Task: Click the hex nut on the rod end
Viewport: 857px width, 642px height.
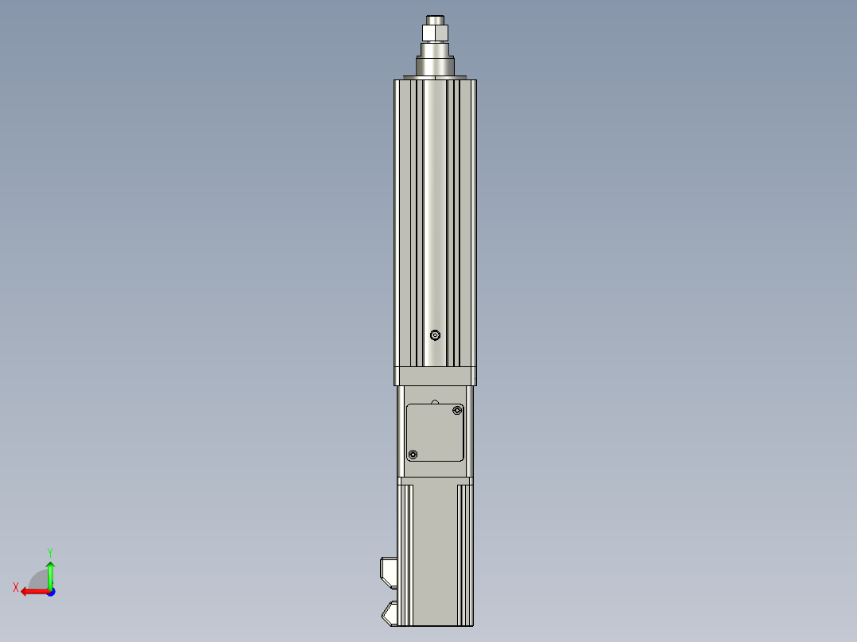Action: point(436,33)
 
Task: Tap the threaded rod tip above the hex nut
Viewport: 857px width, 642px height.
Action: point(436,19)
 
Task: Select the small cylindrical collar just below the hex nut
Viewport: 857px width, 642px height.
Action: point(436,47)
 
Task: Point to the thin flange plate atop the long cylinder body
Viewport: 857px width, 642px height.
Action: point(436,77)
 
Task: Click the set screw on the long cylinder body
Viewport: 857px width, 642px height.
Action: point(434,335)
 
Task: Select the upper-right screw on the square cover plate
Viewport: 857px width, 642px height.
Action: point(456,410)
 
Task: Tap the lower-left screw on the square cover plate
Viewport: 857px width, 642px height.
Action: point(412,454)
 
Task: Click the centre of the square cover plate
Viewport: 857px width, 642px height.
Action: point(435,432)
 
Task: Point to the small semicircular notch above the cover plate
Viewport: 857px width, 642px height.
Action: point(434,402)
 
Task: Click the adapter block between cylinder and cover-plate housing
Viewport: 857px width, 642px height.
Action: point(435,376)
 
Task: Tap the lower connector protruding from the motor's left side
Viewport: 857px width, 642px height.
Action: point(390,613)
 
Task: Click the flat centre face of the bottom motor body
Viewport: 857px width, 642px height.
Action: point(434,556)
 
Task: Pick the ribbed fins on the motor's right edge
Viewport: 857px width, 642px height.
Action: point(464,556)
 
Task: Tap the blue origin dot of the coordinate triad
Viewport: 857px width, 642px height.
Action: point(50,592)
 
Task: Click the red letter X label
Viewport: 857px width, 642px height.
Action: point(16,587)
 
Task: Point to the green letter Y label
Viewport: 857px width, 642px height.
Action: point(49,551)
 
